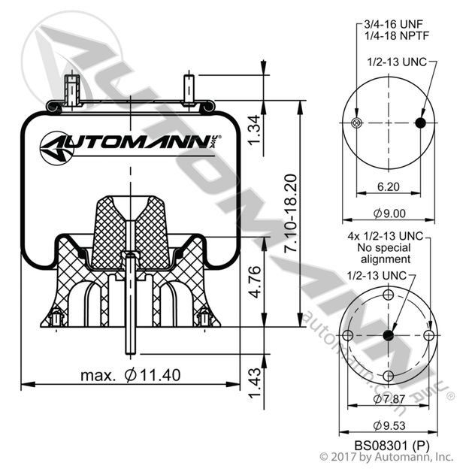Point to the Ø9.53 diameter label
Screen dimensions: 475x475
point(387,422)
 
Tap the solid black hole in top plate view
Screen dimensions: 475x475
point(420,123)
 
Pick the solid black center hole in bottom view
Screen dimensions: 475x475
point(388,334)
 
